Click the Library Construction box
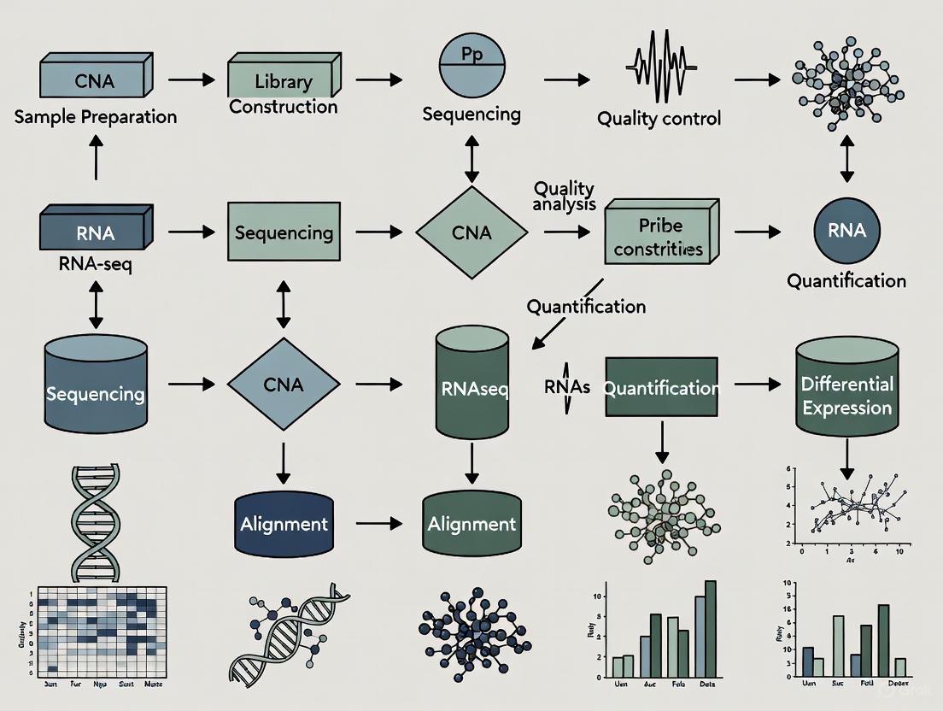282,83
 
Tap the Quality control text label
659,118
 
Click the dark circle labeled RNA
846,230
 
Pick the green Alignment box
471,522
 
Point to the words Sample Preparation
95,117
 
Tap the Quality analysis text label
563,196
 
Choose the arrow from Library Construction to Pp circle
378,79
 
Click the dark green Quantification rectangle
660,387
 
